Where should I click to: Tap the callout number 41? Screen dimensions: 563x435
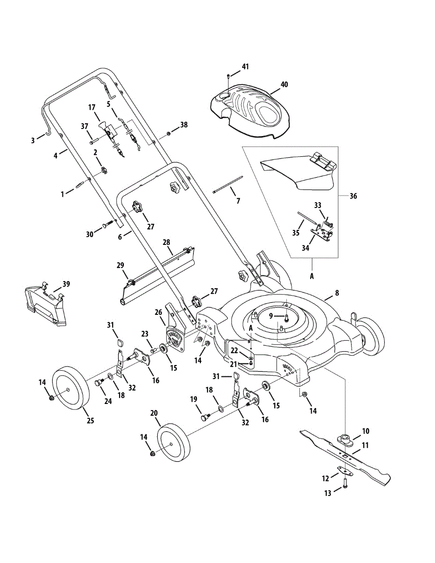245,66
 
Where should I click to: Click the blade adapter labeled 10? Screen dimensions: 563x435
346,440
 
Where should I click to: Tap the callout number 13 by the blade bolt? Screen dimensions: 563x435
327,493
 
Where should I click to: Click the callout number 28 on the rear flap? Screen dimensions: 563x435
166,242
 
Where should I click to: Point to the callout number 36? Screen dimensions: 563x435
353,196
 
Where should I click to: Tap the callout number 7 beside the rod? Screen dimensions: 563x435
238,201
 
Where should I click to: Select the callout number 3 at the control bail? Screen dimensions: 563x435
33,140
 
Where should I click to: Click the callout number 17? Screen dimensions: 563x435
92,107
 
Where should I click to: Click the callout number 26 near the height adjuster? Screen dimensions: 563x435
158,312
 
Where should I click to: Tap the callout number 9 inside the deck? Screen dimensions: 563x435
270,316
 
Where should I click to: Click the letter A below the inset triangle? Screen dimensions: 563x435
312,277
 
